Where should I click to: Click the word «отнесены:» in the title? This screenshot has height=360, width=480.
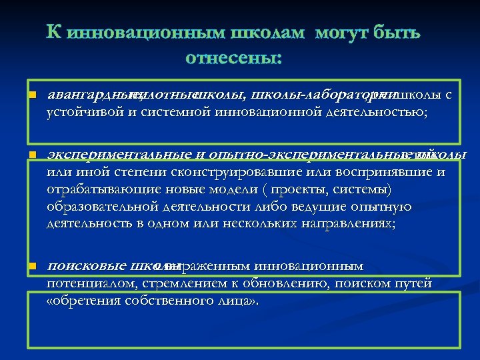[233, 58]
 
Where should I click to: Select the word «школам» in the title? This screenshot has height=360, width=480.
[264, 32]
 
